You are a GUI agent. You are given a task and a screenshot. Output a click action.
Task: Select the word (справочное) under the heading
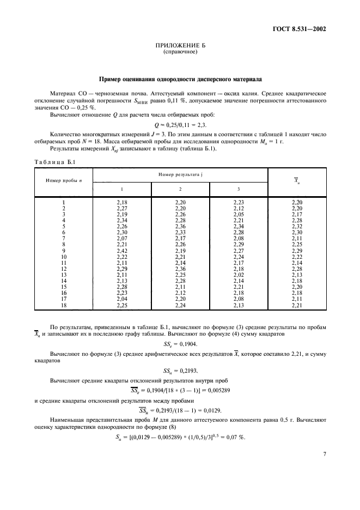180,53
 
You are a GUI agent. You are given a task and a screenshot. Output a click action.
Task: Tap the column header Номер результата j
180,173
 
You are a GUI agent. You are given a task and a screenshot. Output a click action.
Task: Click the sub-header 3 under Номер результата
239,188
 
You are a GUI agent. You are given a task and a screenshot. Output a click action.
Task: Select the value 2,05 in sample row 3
239,214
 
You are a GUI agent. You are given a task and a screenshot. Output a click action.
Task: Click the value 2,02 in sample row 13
239,276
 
